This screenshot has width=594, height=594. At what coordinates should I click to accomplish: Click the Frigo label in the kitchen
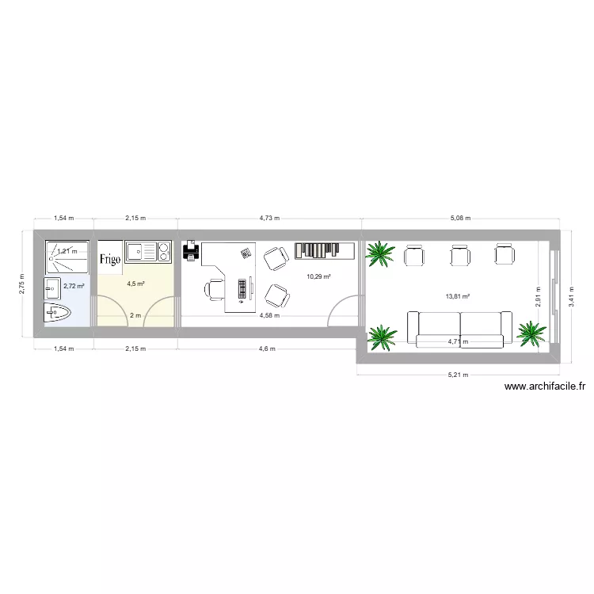109,259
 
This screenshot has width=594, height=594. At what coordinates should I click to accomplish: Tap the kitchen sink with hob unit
148,252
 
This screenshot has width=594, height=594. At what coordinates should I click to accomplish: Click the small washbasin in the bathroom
53,286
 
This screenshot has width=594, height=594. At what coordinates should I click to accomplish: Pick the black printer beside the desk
190,253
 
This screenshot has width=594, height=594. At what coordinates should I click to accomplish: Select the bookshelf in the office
325,250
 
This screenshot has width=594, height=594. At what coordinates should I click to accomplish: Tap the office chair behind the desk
215,290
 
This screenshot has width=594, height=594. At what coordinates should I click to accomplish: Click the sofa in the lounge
459,329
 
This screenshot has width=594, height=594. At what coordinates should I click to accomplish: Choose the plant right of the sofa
531,333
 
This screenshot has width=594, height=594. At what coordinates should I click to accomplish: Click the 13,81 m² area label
458,296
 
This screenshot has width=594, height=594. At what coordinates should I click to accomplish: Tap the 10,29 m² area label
318,276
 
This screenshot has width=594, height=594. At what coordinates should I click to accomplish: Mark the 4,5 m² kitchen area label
135,283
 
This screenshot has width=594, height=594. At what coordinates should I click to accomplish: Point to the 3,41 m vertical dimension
572,290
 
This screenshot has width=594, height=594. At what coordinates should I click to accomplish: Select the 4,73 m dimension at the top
270,217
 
